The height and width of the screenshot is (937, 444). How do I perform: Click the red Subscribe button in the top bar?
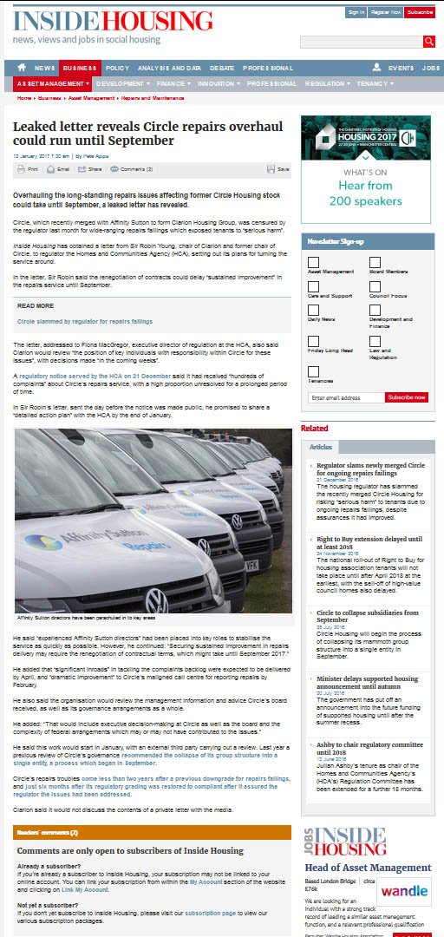point(420,12)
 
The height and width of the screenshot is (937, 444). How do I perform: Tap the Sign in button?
point(356,12)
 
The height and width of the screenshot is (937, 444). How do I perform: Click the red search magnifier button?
point(429,42)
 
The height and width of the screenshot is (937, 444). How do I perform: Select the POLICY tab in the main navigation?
point(117,68)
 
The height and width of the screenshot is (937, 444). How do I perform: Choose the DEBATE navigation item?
point(221,68)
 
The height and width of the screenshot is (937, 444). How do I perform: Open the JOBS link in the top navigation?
point(431,68)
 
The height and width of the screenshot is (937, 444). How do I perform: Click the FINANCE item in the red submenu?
point(172,83)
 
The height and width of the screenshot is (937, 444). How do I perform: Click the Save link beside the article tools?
point(279,169)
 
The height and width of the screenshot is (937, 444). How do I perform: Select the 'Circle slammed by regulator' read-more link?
point(85,321)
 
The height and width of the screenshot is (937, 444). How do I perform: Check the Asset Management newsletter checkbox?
point(313,262)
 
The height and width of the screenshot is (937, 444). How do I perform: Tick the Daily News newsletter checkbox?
point(313,310)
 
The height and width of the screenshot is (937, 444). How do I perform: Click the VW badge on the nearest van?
point(155,600)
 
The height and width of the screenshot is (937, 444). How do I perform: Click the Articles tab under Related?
point(321,447)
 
